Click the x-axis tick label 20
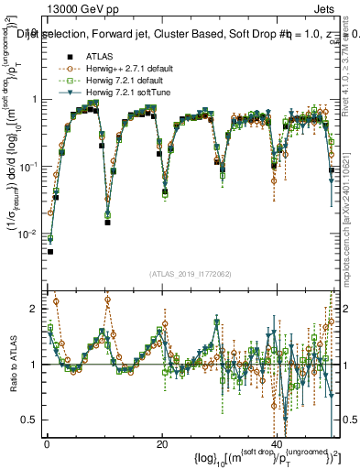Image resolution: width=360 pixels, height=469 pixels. click(162, 443)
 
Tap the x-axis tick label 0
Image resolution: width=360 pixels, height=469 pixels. click(47, 443)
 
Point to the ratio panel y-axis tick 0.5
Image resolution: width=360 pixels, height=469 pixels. click(30, 420)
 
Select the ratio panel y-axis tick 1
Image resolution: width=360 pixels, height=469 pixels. click(34, 365)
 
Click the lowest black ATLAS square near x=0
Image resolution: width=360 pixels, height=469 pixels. click(50, 251)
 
